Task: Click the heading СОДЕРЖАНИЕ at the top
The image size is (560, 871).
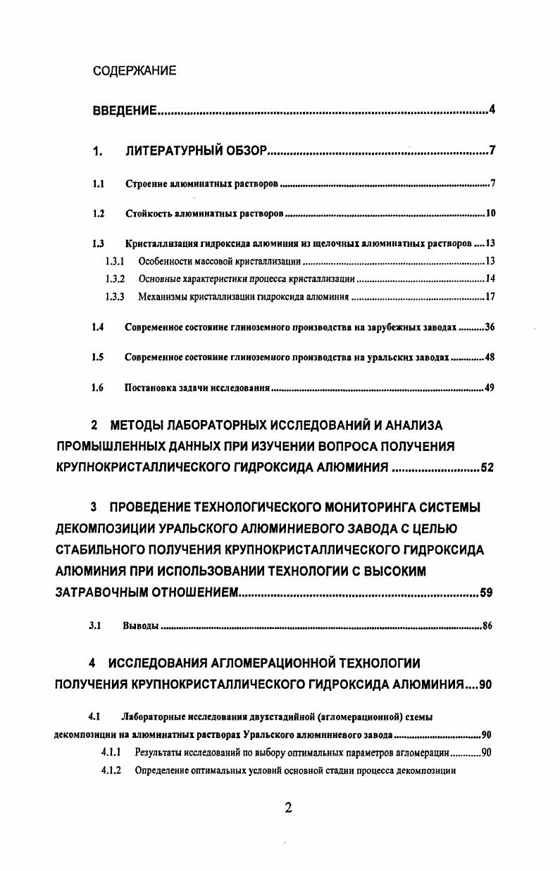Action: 135,71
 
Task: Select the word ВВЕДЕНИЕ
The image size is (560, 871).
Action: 125,111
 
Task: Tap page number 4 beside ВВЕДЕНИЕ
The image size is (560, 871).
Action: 492,110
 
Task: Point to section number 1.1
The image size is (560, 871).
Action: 99,185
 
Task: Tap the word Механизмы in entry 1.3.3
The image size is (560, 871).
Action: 160,296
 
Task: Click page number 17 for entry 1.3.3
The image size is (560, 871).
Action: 491,296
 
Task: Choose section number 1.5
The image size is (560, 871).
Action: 98,357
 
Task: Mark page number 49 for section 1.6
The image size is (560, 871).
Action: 490,388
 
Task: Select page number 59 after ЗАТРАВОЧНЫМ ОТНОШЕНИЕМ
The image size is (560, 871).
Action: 486,592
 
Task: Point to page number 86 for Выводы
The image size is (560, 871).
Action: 487,625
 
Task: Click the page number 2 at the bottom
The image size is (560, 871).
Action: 288,808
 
